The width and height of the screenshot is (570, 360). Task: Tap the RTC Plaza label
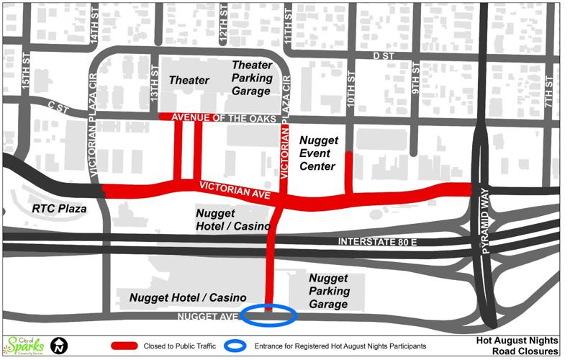59,209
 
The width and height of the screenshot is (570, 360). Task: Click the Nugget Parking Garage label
330,291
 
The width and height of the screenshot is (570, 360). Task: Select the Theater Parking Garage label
251,78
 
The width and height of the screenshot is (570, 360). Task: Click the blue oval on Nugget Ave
268,314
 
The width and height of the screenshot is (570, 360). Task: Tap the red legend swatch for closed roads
124,346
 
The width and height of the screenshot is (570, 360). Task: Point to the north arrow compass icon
59,345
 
